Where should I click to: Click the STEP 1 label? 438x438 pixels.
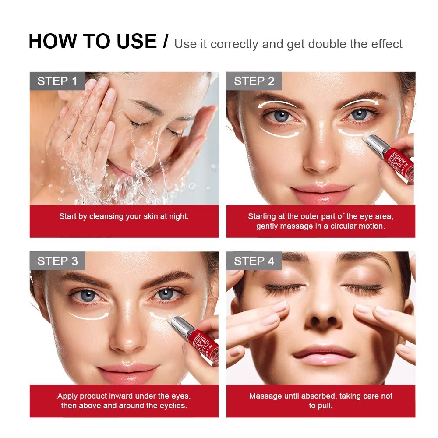[x=57, y=81]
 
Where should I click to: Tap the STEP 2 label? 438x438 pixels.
[x=254, y=81]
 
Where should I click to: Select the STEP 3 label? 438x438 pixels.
[x=57, y=261]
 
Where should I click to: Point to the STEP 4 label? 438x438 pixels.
[x=254, y=261]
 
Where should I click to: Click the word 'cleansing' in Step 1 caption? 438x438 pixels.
[x=108, y=216]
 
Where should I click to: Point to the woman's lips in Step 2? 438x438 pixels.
[x=321, y=193]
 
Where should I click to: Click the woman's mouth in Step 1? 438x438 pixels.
[x=120, y=169]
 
